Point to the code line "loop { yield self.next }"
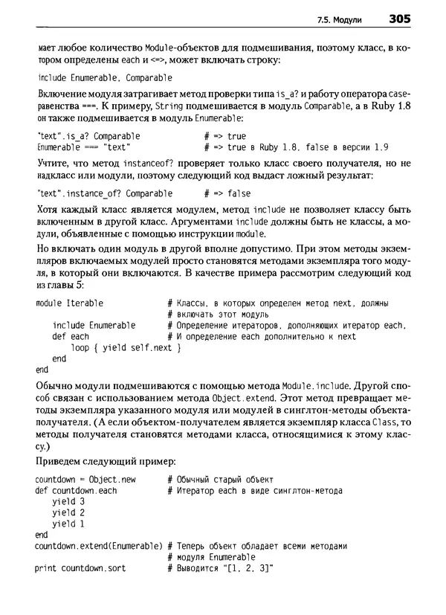click(x=126, y=347)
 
